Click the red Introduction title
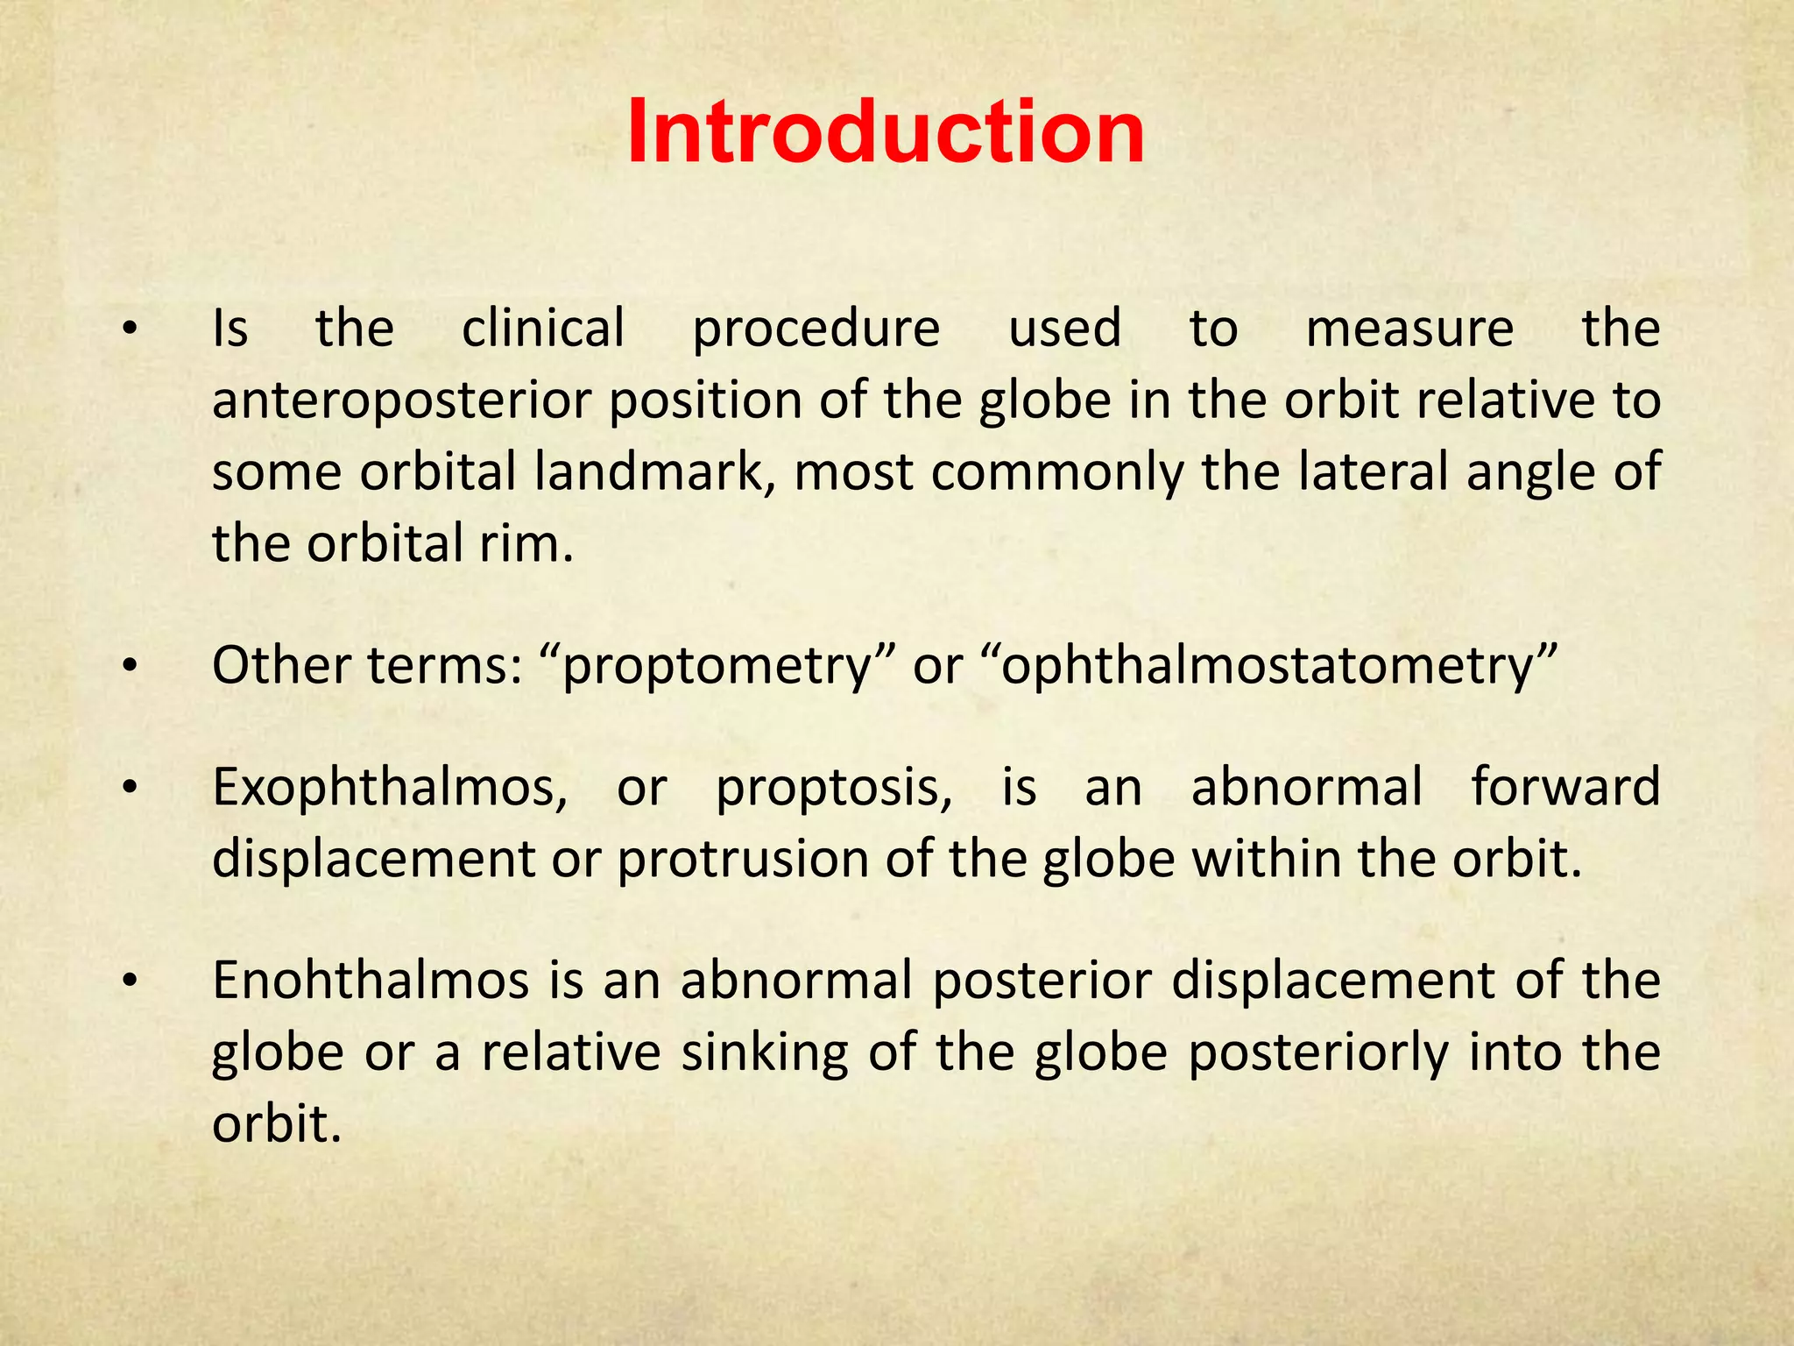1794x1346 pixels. pyautogui.click(x=886, y=132)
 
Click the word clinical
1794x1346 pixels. pyautogui.click(x=543, y=329)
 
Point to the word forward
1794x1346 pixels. pyautogui.click(x=1565, y=786)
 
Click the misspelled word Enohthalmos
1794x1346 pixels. pyautogui.click(x=371, y=981)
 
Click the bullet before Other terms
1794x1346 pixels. pyautogui.click(x=130, y=668)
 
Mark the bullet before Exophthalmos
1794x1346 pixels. pyautogui.click(x=130, y=788)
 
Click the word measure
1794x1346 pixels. pyautogui.click(x=1409, y=330)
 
